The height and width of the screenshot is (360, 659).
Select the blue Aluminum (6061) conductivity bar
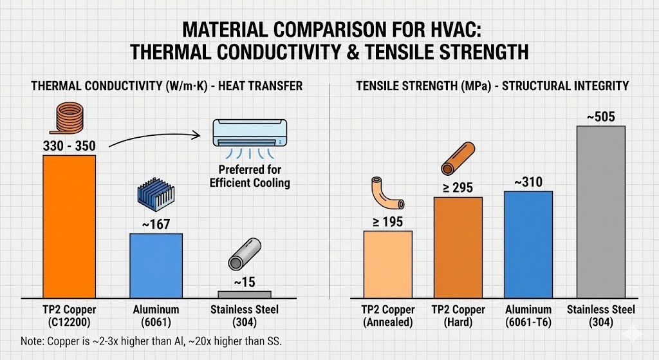pos(156,265)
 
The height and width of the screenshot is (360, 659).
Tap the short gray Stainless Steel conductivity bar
pos(244,294)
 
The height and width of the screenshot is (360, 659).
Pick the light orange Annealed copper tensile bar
pos(387,264)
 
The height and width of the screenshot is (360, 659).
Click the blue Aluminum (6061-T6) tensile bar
pos(528,244)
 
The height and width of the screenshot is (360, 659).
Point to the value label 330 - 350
pos(69,146)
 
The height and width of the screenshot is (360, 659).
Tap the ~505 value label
pos(600,117)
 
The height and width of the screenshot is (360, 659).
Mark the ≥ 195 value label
pos(387,222)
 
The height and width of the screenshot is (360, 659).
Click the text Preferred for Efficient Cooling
pos(249,176)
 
